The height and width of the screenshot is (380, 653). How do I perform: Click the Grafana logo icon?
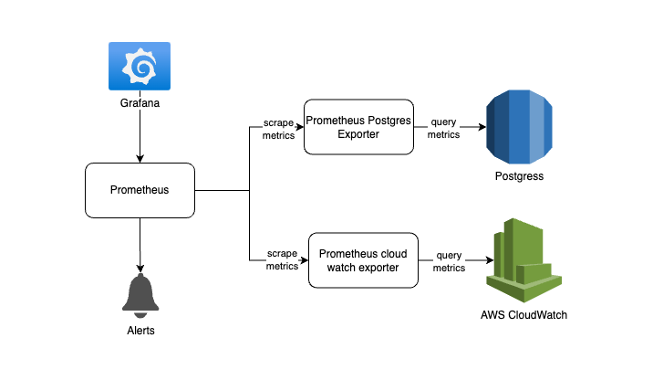[x=140, y=66]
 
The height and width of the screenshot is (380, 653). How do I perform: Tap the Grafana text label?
[x=140, y=103]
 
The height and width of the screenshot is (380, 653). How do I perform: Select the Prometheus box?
[x=140, y=190]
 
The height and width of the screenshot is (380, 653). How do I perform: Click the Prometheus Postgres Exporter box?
[x=358, y=127]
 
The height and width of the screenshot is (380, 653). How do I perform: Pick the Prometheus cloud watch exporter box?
[x=363, y=260]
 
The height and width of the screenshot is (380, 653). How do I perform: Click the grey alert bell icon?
[x=140, y=296]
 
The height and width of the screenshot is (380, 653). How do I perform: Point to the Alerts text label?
[x=140, y=331]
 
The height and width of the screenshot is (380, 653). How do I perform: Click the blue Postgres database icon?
[x=519, y=127]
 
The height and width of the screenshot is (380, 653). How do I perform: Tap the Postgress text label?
[x=519, y=176]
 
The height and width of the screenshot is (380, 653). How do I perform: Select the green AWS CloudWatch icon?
[x=523, y=260]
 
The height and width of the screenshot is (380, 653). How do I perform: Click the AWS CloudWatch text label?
[x=523, y=315]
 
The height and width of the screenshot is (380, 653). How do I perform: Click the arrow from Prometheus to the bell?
[x=140, y=246]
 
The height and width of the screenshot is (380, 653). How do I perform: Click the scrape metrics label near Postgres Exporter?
[x=278, y=130]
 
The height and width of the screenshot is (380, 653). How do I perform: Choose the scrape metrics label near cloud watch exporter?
[x=283, y=259]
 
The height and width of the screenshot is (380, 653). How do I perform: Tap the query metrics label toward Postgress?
[x=443, y=128]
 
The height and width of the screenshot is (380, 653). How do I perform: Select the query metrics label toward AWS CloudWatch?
[x=449, y=261]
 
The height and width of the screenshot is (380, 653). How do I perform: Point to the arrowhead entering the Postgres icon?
[x=482, y=127]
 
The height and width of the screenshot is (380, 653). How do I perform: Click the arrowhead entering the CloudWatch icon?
[x=490, y=260]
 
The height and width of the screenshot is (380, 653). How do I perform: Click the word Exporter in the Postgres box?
[x=358, y=134]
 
